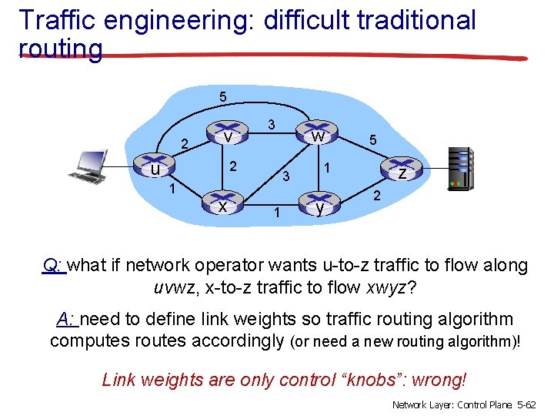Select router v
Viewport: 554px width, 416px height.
pyautogui.click(x=228, y=136)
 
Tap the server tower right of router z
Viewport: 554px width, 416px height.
pyautogui.click(x=460, y=168)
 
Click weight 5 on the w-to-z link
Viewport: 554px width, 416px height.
pyautogui.click(x=372, y=141)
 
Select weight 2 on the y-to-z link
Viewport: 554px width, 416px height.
pyautogui.click(x=377, y=196)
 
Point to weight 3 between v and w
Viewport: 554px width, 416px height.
pyautogui.click(x=271, y=124)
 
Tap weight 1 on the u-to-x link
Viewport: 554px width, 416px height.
pyautogui.click(x=174, y=189)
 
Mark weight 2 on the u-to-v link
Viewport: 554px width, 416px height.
pyautogui.click(x=185, y=143)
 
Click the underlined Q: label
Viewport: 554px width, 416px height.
pyautogui.click(x=54, y=267)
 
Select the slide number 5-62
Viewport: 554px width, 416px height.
pyautogui.click(x=528, y=404)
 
